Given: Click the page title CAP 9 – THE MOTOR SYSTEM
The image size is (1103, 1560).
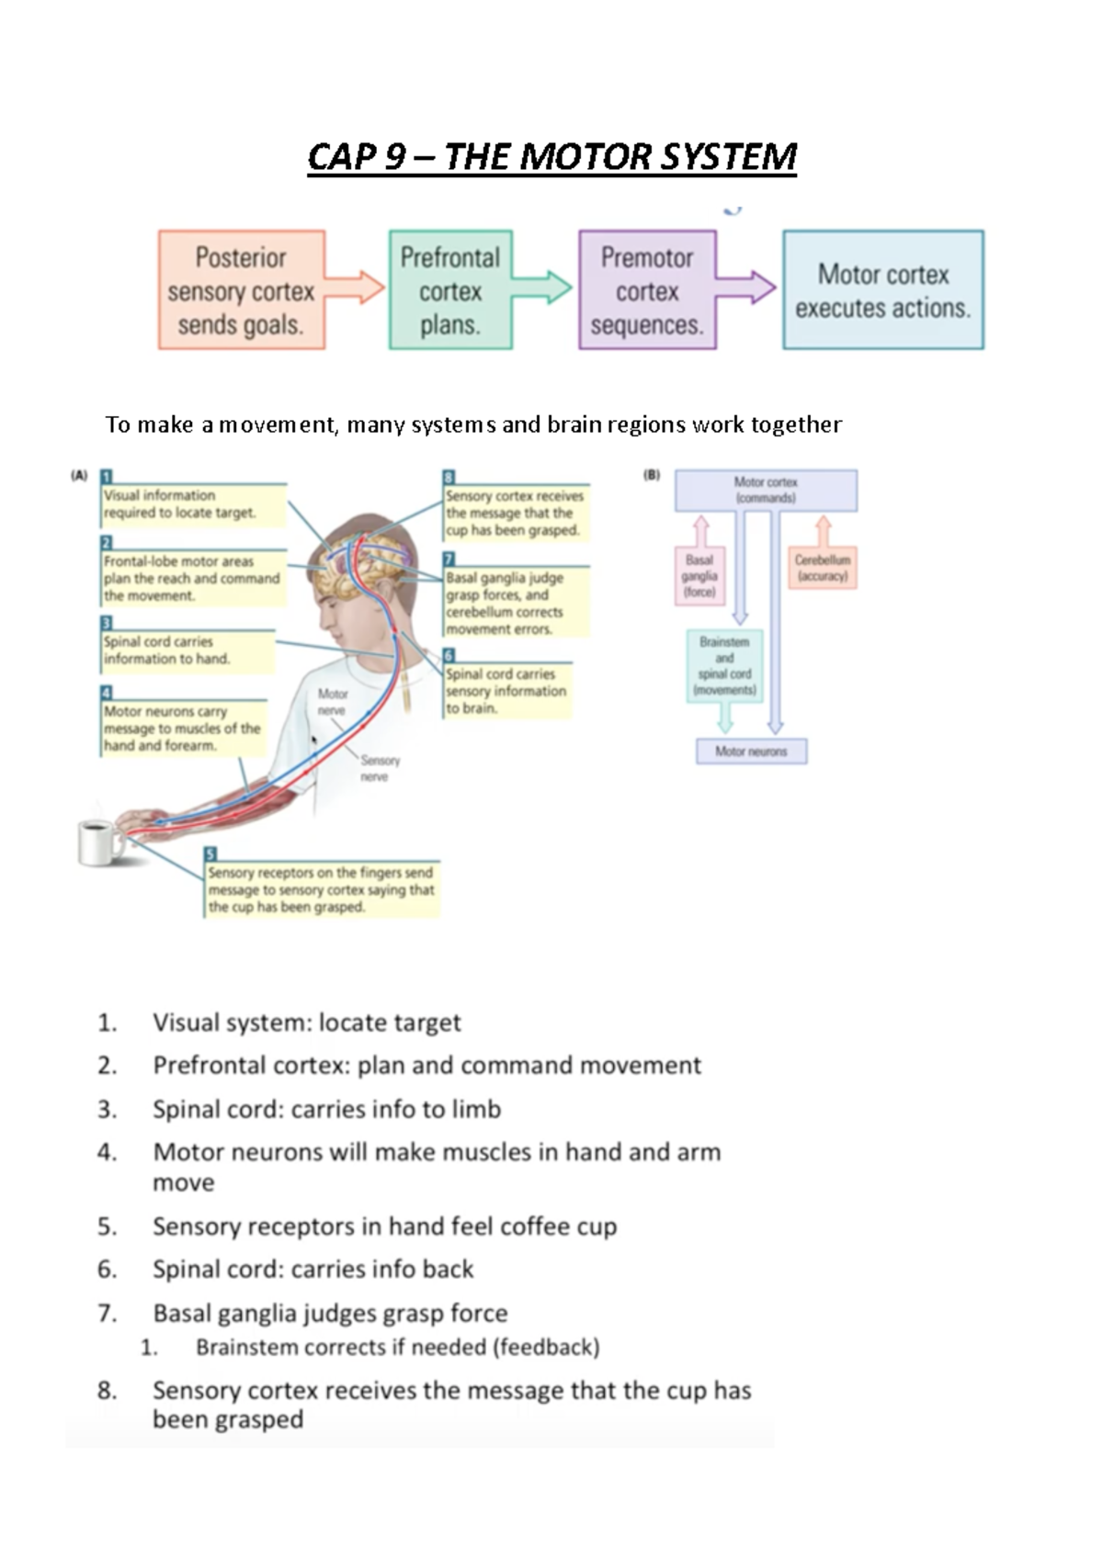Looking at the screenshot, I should [x=551, y=157].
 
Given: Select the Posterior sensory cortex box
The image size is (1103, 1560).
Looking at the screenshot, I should [x=241, y=290].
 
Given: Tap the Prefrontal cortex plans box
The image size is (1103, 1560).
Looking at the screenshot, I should [x=450, y=290].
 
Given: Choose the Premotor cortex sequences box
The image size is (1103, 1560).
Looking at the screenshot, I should [x=647, y=290].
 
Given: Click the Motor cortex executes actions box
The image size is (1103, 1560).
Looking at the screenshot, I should [x=882, y=290].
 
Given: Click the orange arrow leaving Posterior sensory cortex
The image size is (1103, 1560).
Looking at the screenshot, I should [x=357, y=287].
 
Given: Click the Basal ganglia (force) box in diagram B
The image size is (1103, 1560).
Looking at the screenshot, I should [x=699, y=576].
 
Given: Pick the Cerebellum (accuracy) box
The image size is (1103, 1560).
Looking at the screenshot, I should [x=823, y=568].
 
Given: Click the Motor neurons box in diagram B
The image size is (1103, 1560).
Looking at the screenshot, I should [x=751, y=752].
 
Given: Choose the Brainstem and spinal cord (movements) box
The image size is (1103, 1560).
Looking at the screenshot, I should [x=724, y=666].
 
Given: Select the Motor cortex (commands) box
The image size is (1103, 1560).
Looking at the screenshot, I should [x=766, y=490].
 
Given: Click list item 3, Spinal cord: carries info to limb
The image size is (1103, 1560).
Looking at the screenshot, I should [x=326, y=1109].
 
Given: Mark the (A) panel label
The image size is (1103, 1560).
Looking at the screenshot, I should [x=79, y=476].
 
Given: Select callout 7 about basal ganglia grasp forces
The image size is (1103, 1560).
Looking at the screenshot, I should [x=515, y=603].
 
